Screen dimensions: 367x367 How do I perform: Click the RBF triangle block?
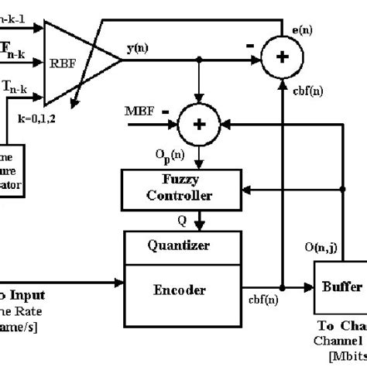click(x=77, y=63)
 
